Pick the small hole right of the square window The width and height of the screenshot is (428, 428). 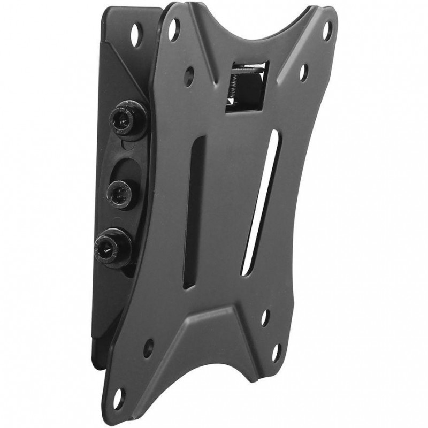point(303,70)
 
